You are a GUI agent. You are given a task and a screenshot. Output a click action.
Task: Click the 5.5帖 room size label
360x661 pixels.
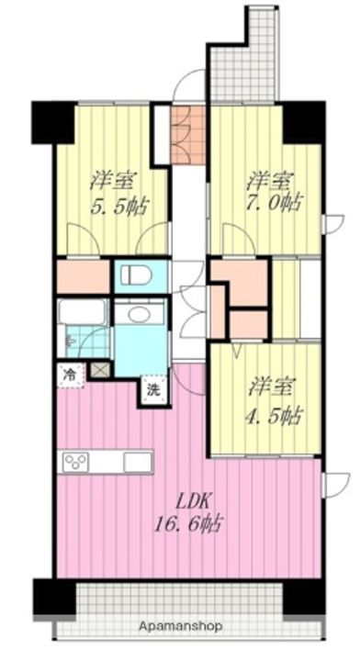click(120, 207)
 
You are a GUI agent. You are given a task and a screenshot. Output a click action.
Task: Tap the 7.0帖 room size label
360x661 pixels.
click(273, 203)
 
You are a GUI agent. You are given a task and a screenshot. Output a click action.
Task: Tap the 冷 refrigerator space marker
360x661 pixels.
click(70, 373)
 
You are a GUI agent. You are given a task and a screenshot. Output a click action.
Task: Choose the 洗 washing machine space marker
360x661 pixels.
click(153, 391)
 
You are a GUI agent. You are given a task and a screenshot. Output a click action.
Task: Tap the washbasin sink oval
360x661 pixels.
click(141, 314)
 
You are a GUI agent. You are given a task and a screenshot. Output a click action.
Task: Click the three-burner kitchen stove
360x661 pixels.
click(76, 463)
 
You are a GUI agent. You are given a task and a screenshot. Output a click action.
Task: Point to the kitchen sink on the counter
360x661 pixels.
click(138, 462)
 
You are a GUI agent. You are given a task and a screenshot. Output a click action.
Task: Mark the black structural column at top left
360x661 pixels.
click(53, 122)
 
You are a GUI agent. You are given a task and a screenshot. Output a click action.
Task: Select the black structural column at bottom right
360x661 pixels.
click(303, 597)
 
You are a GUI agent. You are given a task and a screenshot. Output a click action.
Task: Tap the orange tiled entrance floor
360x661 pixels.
click(188, 135)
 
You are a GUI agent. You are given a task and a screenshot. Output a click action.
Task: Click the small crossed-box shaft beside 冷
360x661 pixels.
click(101, 371)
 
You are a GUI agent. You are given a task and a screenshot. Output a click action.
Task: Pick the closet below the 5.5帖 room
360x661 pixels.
click(84, 277)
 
